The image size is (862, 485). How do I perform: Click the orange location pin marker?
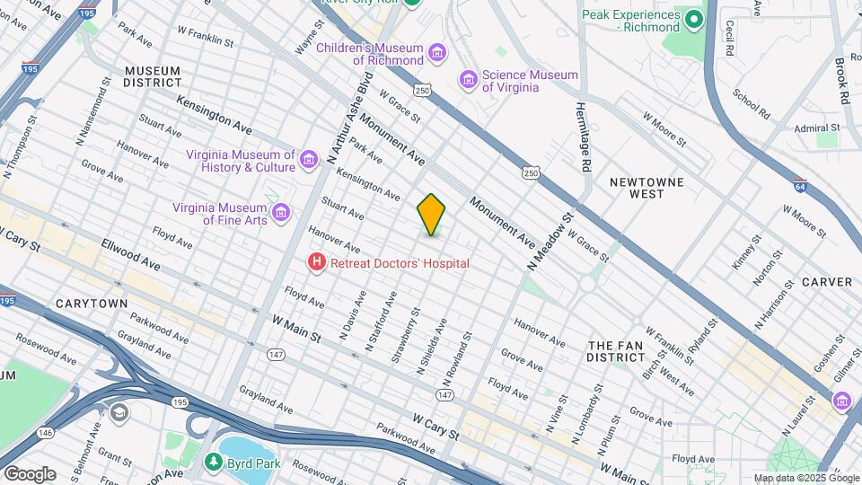431,214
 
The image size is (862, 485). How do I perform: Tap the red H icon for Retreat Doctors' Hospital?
316,263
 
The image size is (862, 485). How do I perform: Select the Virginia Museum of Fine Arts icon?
282,213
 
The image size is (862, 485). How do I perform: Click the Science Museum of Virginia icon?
468,81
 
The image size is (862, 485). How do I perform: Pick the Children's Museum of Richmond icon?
437,54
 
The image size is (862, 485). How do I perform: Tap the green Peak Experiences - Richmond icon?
693,19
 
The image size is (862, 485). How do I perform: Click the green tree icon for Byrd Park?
213,463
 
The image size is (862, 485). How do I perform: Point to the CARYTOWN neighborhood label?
92,304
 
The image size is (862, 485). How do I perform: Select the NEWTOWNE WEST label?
646,188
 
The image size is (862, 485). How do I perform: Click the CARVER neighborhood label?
826,282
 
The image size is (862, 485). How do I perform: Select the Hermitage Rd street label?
584,135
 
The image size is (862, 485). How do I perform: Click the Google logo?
29,473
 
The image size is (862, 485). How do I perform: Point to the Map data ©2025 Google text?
805,478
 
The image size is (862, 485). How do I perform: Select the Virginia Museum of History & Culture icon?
308,161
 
